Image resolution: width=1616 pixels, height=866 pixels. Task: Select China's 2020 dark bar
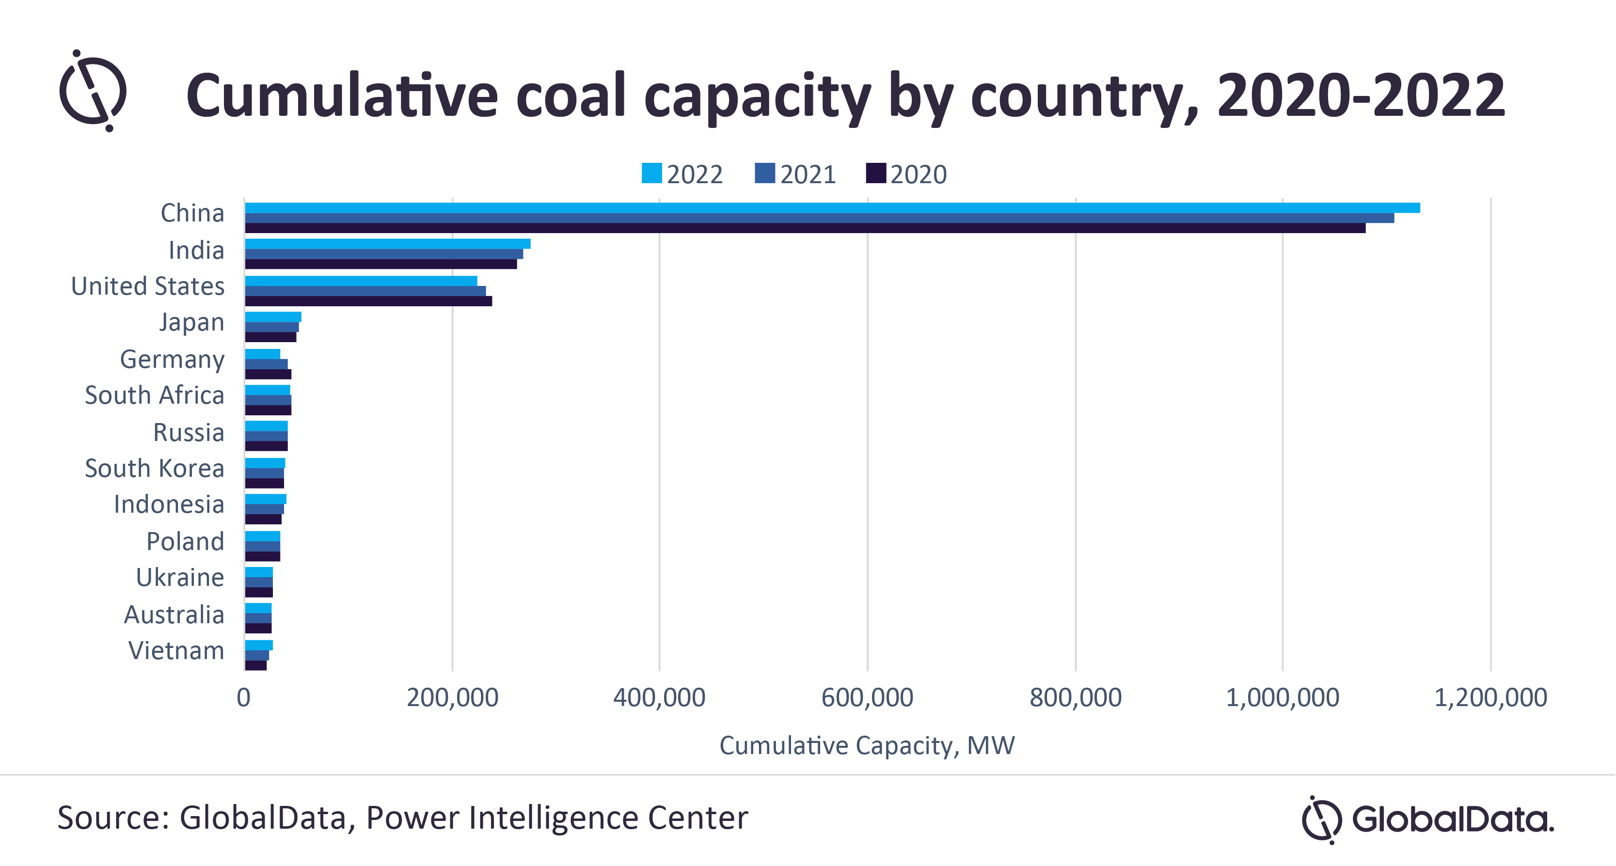coord(805,228)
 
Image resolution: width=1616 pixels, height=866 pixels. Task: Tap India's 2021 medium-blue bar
coord(384,254)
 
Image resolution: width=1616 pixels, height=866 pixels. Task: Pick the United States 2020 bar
coord(368,301)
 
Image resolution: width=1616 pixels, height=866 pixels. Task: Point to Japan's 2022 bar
coord(273,316)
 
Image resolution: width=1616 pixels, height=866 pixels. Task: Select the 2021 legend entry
coord(795,173)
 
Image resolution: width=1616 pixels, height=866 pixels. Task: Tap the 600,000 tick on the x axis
coord(867,697)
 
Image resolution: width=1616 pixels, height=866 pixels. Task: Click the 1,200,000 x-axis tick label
coord(1490,697)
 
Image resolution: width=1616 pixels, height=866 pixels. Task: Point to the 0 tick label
coord(243,697)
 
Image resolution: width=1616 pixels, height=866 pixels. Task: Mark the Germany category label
coord(172,359)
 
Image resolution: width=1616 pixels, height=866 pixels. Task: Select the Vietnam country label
coord(176,650)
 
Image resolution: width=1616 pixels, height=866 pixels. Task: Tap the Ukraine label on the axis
coord(180,577)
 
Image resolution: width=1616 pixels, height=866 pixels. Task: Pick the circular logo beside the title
coord(94,92)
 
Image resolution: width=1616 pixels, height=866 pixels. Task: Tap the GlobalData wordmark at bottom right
coord(1452,819)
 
